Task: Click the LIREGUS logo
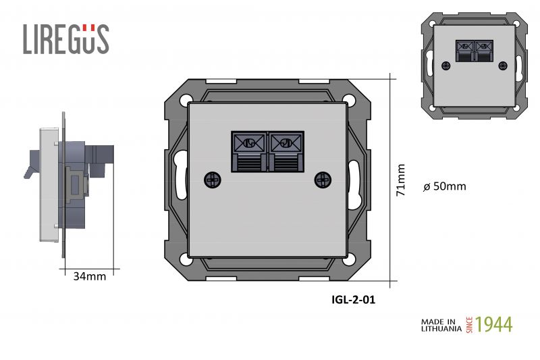click(x=66, y=39)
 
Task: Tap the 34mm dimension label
click(x=90, y=276)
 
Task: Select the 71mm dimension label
click(x=400, y=180)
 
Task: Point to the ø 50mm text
click(x=445, y=186)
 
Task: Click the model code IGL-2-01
click(x=353, y=299)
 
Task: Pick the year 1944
click(x=494, y=324)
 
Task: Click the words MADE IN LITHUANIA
click(x=441, y=325)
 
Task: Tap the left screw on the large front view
click(x=213, y=180)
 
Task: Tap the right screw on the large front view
click(x=323, y=180)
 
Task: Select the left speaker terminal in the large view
click(x=249, y=151)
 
